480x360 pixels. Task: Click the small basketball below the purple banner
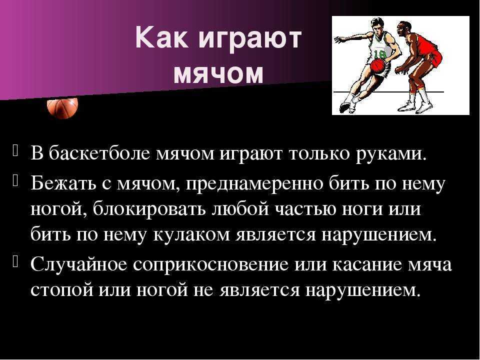(62, 107)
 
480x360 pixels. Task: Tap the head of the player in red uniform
(403, 29)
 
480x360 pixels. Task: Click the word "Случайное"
(79, 264)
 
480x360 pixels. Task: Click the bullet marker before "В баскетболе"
(15, 150)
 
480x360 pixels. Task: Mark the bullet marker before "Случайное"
(15, 261)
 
